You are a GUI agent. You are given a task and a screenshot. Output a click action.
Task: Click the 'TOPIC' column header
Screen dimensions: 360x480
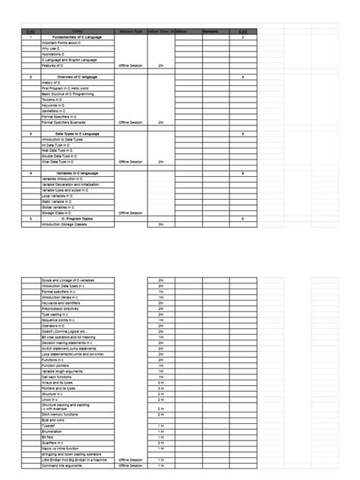(x=77, y=31)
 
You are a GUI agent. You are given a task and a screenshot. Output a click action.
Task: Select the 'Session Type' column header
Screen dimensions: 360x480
(x=131, y=31)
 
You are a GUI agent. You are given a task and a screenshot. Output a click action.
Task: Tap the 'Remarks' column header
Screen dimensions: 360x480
(x=210, y=31)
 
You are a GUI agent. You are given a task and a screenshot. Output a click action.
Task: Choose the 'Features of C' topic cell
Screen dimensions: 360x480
(x=54, y=66)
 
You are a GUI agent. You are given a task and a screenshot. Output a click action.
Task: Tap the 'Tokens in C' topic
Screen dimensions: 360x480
(x=52, y=99)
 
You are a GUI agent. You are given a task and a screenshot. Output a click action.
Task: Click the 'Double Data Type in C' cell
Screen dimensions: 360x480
(x=60, y=156)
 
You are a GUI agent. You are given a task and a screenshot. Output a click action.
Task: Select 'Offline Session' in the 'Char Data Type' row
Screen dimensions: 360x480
(x=131, y=162)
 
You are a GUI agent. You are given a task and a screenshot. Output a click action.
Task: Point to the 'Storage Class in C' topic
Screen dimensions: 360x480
(x=57, y=213)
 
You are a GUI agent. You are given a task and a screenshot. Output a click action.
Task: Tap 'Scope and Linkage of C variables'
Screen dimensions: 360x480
(x=68, y=279)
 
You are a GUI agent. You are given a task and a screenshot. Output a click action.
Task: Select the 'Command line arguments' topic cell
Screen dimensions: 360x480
(x=63, y=465)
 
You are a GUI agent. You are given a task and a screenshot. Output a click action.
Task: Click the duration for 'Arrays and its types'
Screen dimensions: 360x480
(x=161, y=382)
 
